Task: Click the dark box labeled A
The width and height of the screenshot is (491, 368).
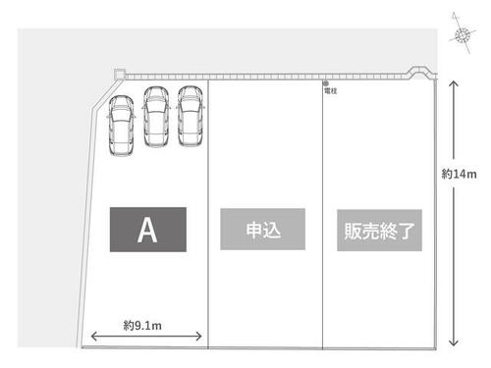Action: [148, 230]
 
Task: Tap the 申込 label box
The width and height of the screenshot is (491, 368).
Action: [262, 230]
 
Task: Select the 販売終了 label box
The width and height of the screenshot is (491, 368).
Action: [379, 231]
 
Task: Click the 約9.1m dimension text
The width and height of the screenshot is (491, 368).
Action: [142, 326]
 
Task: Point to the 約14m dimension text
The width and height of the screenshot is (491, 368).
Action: [459, 174]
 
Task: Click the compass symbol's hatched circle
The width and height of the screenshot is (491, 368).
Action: [462, 34]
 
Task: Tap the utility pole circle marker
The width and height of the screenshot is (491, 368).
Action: [326, 83]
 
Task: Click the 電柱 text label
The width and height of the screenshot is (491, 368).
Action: [331, 91]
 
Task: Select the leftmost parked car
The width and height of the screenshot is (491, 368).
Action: [121, 126]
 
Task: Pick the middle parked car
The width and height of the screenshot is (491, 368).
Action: [156, 116]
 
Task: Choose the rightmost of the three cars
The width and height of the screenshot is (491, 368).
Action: [191, 116]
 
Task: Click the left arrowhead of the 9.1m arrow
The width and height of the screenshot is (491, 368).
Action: [91, 336]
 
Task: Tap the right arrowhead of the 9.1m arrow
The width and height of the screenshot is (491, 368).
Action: [201, 336]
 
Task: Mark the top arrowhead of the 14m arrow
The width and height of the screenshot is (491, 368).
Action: [454, 81]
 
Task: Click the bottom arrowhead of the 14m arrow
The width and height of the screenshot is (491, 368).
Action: [454, 345]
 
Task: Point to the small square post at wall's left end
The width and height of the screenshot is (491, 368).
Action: [120, 75]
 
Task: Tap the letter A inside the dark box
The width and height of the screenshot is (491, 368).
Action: [147, 230]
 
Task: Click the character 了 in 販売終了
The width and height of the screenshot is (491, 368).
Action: [407, 231]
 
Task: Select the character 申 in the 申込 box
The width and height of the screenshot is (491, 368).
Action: [254, 230]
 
